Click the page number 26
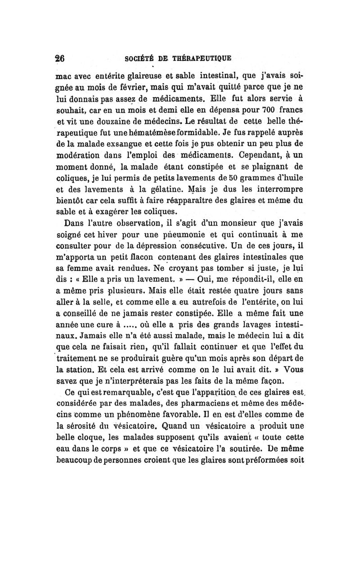pyautogui.click(x=60, y=58)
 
